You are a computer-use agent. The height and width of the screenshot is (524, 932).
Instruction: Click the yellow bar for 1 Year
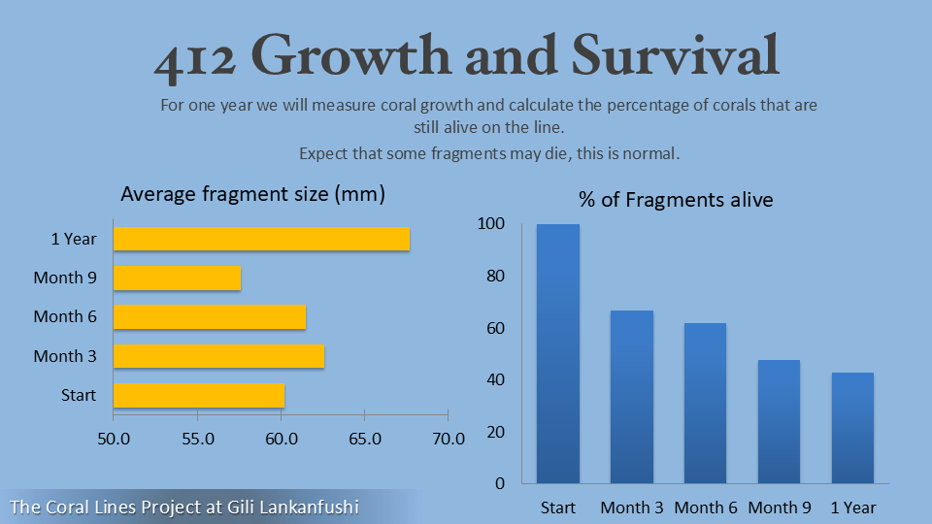261,239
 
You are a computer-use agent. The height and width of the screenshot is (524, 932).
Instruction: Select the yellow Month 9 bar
177,278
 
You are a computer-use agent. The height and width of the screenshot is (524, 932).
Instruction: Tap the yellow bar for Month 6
210,316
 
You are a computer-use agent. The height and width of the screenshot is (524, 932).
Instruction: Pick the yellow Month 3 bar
218,356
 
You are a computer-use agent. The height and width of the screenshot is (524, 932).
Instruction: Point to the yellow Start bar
199,395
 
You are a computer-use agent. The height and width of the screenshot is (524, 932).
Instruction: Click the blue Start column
558,353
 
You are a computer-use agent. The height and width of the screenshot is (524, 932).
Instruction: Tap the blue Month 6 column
705,403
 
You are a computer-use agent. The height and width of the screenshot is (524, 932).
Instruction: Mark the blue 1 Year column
852,427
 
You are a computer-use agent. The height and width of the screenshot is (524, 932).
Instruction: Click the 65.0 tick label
365,439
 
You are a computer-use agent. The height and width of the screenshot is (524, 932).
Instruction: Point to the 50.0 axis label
114,439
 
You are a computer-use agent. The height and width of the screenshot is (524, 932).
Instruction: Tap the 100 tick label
491,224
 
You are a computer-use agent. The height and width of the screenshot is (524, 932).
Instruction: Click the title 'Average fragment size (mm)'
252,194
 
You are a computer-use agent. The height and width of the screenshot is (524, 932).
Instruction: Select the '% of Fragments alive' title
676,200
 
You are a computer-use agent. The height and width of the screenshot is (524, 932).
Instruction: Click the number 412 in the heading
194,58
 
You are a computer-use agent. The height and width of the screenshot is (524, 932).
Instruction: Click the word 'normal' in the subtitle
653,153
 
